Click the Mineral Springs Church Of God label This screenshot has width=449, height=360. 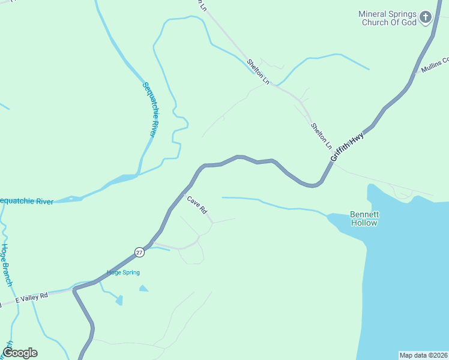(387, 18)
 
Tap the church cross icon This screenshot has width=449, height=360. (426, 17)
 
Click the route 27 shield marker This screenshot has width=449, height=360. (139, 253)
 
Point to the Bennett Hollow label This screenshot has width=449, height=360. (364, 218)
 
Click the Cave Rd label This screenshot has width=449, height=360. (197, 205)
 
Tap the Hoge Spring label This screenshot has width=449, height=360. (123, 272)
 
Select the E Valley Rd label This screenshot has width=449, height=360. (31, 297)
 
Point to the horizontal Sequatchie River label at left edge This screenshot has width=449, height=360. (26, 201)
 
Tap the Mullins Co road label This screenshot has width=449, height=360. (435, 65)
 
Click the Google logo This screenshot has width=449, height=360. (20, 353)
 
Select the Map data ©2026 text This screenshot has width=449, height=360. (423, 355)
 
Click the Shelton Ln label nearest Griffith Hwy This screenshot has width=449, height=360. (321, 136)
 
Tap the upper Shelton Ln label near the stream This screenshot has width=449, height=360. (258, 71)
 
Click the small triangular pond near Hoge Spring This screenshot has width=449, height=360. (143, 289)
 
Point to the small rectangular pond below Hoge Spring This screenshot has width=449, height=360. (119, 299)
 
